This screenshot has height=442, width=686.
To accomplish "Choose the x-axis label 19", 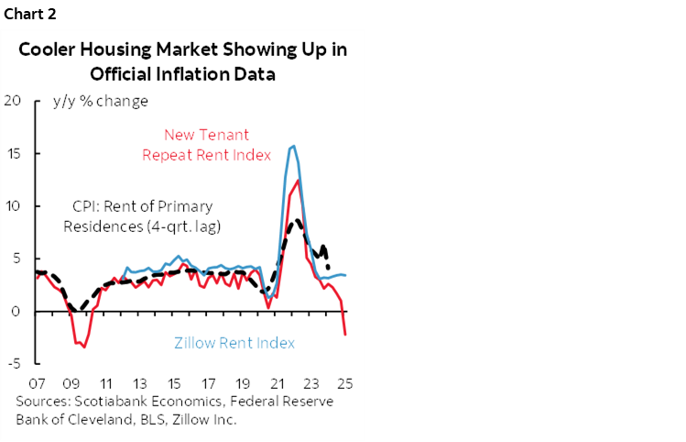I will point(242,384).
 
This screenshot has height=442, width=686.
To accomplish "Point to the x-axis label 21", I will point(277,384).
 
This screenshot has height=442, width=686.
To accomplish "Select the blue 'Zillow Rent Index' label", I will point(234,343).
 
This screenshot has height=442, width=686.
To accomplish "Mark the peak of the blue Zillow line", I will point(293,146).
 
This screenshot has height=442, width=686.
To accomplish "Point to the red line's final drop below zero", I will point(345,334).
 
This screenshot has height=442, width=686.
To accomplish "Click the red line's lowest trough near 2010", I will point(84,347).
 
